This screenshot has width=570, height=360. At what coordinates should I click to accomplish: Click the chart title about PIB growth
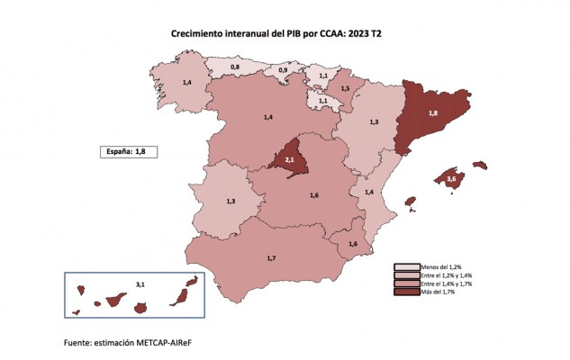pos(276,34)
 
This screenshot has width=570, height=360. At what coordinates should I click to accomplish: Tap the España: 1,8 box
pos(129,152)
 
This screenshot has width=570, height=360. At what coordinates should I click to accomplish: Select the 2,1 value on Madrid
pos(289,159)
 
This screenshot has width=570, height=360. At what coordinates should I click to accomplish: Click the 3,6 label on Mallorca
pos(451,178)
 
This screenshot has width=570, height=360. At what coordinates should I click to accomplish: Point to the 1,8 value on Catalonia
pos(433,113)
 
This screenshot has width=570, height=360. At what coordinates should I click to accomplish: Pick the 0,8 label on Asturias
pos(235,67)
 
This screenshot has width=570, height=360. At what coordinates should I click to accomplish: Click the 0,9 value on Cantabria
pos(283,69)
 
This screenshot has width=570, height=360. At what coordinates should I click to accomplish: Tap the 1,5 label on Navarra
pos(345,88)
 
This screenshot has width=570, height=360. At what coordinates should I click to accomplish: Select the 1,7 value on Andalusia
pos(271,258)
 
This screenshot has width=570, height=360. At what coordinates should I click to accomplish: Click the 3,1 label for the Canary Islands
pos(140,284)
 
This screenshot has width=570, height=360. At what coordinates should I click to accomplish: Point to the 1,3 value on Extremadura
pos(231,201)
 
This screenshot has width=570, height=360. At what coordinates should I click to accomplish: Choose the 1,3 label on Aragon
pos(374,122)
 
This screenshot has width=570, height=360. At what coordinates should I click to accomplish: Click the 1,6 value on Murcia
pos(353,244)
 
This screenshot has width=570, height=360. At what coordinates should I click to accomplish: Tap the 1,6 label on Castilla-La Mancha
pos(314,195)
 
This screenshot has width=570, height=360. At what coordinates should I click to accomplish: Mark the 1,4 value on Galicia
pos(187,83)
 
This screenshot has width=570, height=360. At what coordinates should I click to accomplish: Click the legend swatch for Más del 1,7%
pos(407,292)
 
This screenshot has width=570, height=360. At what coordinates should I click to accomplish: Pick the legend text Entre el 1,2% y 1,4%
pos(447,275)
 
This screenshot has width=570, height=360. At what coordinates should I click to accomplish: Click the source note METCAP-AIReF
pos(164,343)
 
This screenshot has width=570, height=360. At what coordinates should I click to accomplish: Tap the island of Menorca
pos(480,165)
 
